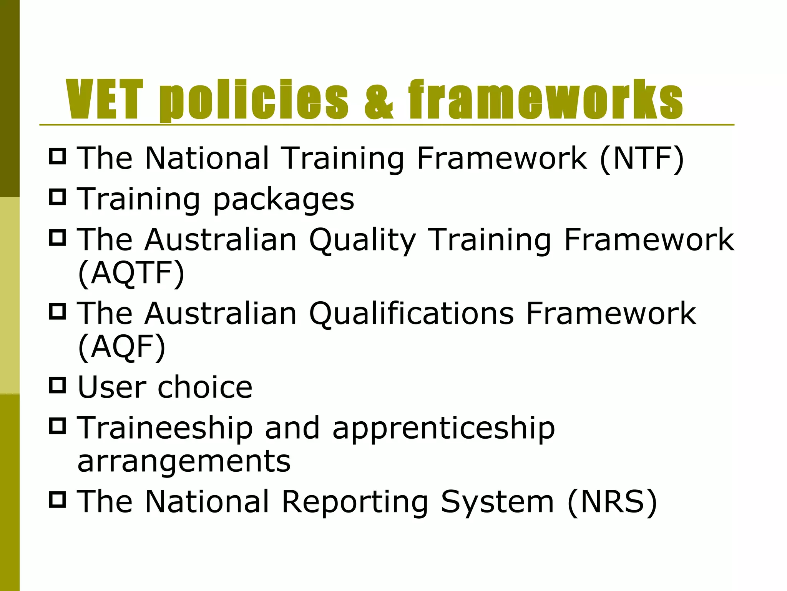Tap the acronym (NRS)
pyautogui.click(x=612, y=502)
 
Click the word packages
pyautogui.click(x=283, y=199)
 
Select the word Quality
pyautogui.click(x=362, y=240)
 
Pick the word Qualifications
pyautogui.click(x=411, y=314)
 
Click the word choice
pyautogui.click(x=205, y=387)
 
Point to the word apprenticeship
pyautogui.click(x=444, y=429)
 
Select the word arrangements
pyautogui.click(x=184, y=462)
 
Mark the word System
pyautogui.click(x=497, y=503)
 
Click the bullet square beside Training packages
pyautogui.click(x=58, y=197)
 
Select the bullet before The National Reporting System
pyautogui.click(x=58, y=499)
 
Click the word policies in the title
pyautogui.click(x=254, y=100)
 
